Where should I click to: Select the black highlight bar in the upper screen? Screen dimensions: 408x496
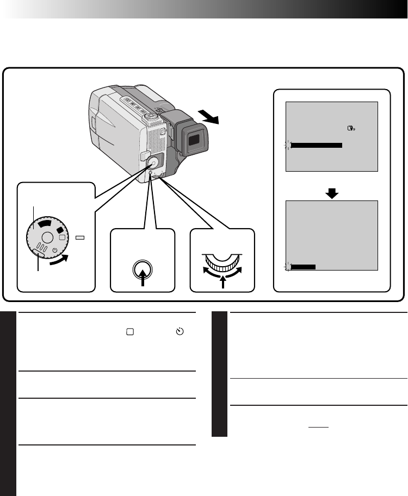[x=317, y=146]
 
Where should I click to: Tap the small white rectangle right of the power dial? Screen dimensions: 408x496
[x=80, y=237]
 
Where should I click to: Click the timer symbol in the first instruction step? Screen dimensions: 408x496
[x=180, y=332]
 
